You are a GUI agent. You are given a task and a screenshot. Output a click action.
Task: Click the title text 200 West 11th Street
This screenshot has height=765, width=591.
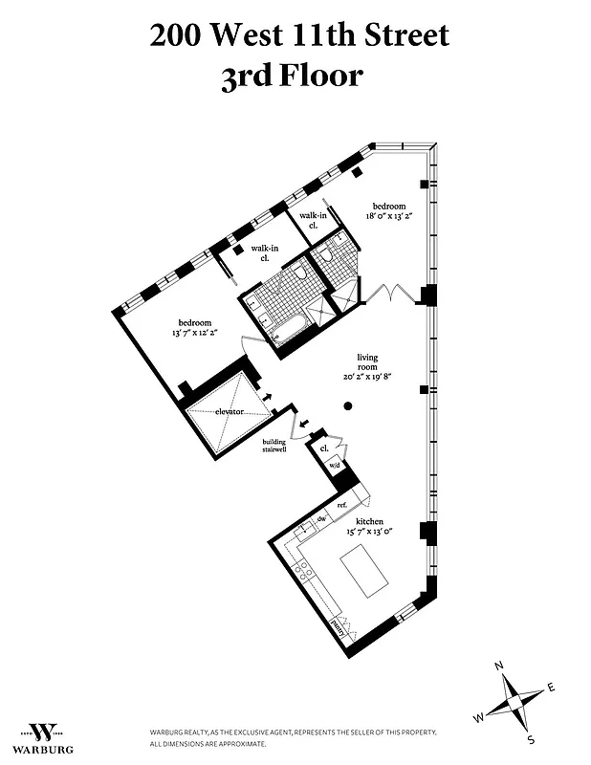(298, 36)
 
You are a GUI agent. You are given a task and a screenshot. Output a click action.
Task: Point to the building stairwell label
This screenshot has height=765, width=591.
(275, 447)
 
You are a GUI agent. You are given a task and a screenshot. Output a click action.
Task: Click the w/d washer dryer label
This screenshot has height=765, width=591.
(335, 466)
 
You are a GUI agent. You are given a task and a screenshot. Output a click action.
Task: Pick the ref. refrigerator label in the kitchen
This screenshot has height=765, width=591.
(341, 504)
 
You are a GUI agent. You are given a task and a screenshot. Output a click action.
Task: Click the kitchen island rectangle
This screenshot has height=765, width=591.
(366, 570)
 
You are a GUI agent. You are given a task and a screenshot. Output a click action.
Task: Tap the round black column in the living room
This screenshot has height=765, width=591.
(348, 406)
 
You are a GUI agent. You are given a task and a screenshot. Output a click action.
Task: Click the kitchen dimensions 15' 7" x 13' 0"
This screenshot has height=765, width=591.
(367, 532)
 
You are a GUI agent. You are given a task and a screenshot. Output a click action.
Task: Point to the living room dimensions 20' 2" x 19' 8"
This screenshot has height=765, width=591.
(368, 376)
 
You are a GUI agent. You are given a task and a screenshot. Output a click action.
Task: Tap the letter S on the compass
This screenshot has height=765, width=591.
(533, 739)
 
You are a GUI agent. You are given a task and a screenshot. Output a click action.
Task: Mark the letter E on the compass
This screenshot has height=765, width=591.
(552, 687)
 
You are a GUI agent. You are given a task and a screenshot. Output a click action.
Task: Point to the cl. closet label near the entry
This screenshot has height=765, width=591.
(324, 448)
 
